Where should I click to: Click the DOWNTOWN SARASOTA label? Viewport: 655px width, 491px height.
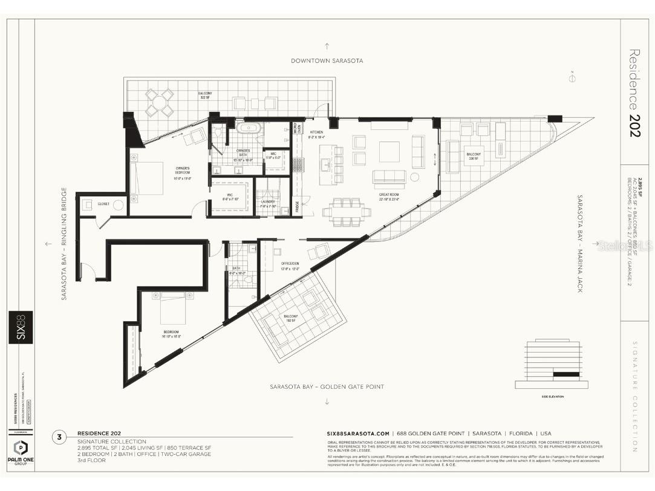(x=327, y=60)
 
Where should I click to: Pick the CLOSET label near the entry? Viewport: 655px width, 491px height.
(x=104, y=204)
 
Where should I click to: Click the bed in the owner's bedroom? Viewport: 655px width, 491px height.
(x=147, y=178)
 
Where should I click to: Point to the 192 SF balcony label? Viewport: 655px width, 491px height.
(x=291, y=318)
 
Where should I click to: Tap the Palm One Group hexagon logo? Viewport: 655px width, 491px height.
(x=21, y=450)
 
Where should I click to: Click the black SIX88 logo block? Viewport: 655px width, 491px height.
(x=21, y=327)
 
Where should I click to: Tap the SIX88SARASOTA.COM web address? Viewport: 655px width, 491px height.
(x=357, y=434)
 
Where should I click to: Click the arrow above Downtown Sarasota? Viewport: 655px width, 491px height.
(x=327, y=45)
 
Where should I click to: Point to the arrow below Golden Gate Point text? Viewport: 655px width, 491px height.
(x=327, y=402)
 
